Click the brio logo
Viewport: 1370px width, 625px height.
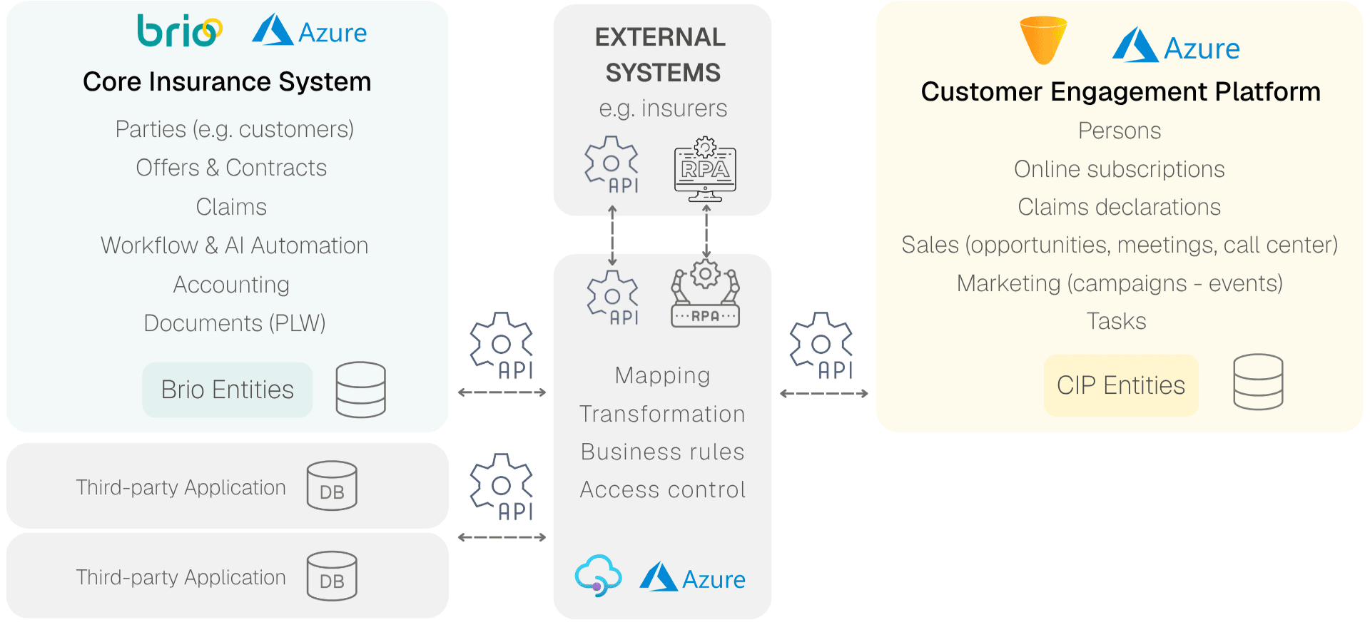(179, 31)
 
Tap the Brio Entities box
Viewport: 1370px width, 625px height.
(227, 390)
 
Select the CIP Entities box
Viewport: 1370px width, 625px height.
(1120, 385)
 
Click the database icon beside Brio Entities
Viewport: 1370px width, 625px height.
(360, 390)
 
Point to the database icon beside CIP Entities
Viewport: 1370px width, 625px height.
(1258, 382)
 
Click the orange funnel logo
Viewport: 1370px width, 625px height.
(1043, 40)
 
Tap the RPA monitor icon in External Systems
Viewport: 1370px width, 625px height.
(705, 169)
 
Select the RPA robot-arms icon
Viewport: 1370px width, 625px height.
(705, 295)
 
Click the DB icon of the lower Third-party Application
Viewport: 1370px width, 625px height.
(332, 576)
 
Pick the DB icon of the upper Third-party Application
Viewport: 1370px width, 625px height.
(332, 486)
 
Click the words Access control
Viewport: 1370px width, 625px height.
(662, 489)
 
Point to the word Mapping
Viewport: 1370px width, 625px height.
(662, 375)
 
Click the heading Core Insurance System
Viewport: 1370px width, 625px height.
(227, 82)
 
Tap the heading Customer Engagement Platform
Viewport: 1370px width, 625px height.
(1120, 92)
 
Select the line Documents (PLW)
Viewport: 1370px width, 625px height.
(234, 323)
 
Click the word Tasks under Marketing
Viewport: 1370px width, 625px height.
(1116, 321)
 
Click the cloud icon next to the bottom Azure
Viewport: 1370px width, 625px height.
(598, 576)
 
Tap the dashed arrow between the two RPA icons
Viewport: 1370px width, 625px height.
(706, 232)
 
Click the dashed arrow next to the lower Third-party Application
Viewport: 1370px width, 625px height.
(502, 537)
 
